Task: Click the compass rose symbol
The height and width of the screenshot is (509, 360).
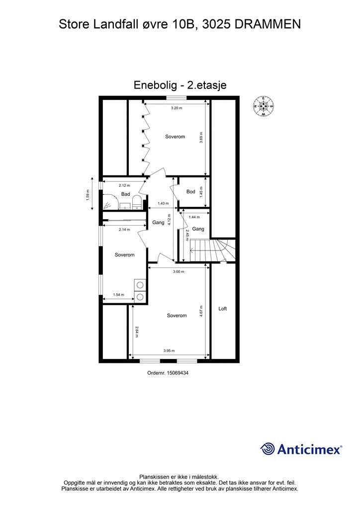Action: (x=264, y=106)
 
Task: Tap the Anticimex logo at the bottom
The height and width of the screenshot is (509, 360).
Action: (x=301, y=449)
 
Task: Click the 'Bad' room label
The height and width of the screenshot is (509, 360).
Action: (x=125, y=194)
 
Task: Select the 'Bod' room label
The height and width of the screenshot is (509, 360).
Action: (x=191, y=191)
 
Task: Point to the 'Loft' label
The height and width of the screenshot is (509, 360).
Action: (x=223, y=309)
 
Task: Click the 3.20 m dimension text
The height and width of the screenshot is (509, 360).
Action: (x=177, y=108)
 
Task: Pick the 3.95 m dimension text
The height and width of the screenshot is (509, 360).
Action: (x=170, y=351)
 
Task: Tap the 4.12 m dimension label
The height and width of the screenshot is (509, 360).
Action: (x=169, y=219)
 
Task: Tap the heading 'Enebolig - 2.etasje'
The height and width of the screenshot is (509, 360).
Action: (x=180, y=85)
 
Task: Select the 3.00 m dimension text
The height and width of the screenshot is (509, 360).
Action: (x=178, y=271)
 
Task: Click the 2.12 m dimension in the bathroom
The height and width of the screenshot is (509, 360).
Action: (x=124, y=185)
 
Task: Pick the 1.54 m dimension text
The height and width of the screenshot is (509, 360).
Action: (x=118, y=295)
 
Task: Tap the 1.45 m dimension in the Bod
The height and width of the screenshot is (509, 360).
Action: (x=201, y=192)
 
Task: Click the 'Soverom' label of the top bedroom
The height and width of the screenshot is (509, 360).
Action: (x=176, y=137)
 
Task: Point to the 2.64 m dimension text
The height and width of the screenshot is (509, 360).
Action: (x=136, y=331)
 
